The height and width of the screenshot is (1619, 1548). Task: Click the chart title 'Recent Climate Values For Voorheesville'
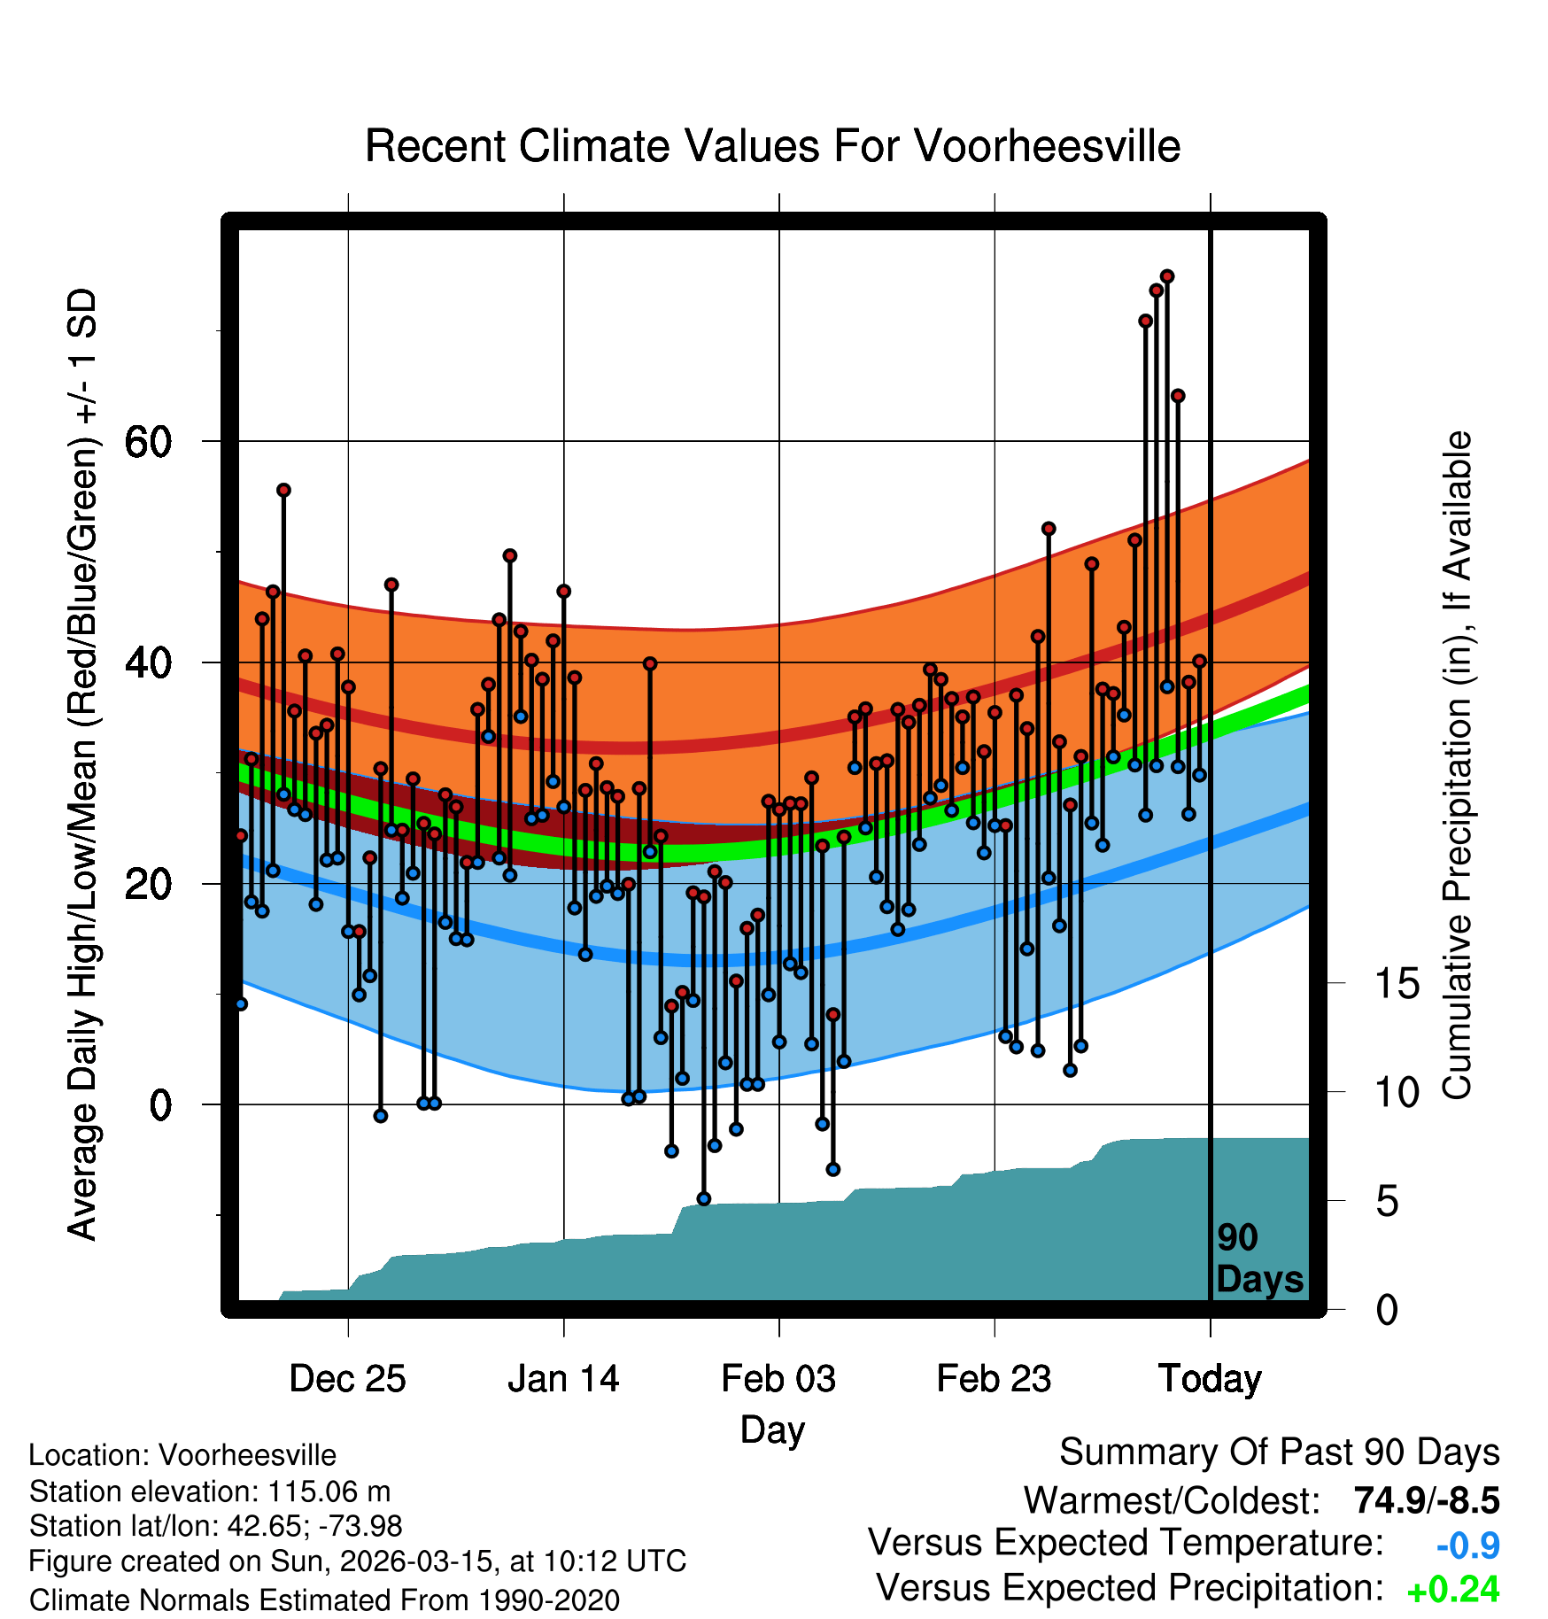click(x=772, y=146)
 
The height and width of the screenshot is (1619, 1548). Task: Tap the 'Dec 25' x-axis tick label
click(x=347, y=1378)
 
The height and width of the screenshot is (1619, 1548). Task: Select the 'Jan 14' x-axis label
click(x=563, y=1378)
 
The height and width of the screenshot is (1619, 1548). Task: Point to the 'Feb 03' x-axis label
click(x=778, y=1378)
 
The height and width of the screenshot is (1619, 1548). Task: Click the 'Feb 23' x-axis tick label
click(x=994, y=1378)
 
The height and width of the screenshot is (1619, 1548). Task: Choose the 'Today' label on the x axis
click(x=1210, y=1378)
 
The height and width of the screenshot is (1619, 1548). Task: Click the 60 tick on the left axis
click(x=148, y=441)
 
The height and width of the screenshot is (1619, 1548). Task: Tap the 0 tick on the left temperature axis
click(x=160, y=1104)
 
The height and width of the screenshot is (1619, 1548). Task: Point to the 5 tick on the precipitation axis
click(x=1387, y=1201)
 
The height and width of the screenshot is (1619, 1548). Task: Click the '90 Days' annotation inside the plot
click(x=1258, y=1259)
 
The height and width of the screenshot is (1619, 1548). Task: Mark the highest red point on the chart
click(x=1167, y=276)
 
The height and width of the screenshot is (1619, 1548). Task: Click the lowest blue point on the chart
click(x=704, y=1199)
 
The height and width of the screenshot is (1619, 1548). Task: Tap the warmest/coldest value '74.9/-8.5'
click(x=1426, y=1500)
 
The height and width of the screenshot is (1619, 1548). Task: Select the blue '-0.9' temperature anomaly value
click(x=1467, y=1545)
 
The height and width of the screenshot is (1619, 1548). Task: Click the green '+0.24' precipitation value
click(x=1452, y=1590)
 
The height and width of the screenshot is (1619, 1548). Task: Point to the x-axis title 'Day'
click(x=772, y=1429)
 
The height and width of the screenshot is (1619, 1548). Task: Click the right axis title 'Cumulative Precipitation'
click(x=1457, y=765)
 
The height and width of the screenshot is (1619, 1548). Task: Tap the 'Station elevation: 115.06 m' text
click(x=209, y=1491)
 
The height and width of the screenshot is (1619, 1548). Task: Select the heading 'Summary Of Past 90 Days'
click(x=1279, y=1452)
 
